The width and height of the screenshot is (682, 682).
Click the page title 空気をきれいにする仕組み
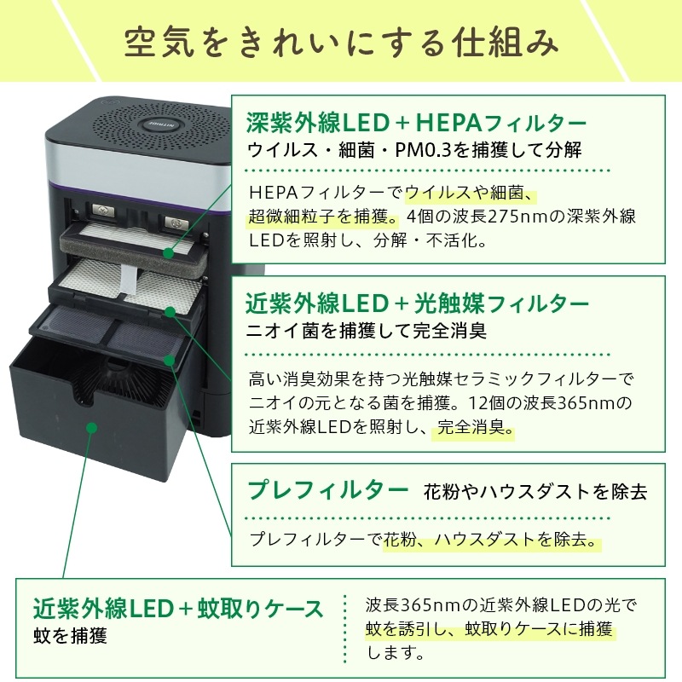pos(341,40)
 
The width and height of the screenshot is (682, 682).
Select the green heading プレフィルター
pos(327,490)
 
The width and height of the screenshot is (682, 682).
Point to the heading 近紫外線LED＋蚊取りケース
pos(178,609)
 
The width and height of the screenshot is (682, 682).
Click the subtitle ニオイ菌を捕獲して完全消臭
pos(366,329)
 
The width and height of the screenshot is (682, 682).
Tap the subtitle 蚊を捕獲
pos(70,636)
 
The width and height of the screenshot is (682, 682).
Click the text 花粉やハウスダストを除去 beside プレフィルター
pos(535,492)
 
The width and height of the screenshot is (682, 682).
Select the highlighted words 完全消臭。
pos(476,429)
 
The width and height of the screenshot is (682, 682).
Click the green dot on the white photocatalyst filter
pos(170,312)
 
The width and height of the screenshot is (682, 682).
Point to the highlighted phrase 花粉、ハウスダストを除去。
pos(491,540)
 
